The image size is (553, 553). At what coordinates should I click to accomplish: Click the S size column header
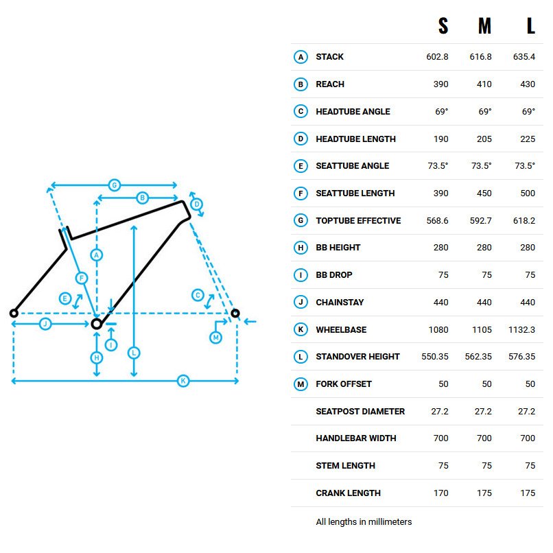[443, 26]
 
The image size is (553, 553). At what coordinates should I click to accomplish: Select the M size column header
[484, 26]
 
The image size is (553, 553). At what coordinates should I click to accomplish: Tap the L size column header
[531, 26]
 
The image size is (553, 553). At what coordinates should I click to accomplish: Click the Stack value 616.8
[480, 57]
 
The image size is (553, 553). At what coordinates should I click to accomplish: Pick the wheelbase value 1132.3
[521, 330]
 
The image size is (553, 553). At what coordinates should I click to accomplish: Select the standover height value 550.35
[435, 357]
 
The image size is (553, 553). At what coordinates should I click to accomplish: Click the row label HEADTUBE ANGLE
[353, 111]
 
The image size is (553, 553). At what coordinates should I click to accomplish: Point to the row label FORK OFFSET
[344, 384]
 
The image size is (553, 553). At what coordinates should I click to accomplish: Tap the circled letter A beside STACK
[301, 57]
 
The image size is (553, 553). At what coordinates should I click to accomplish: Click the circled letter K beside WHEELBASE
[301, 329]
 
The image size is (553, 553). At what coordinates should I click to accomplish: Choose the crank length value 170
[441, 493]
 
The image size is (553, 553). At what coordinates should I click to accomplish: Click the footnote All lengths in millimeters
[364, 521]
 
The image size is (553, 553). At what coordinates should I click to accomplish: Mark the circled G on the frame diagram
[115, 185]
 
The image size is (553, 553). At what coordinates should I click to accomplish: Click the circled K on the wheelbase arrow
[183, 381]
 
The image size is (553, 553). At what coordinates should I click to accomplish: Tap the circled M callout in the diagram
[216, 338]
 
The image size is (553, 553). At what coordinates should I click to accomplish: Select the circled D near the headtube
[197, 204]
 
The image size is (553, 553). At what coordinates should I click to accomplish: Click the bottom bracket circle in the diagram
[97, 324]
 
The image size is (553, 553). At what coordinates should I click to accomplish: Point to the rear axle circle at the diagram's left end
[14, 313]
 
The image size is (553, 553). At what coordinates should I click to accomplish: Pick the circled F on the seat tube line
[82, 279]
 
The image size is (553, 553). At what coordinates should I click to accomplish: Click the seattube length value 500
[528, 193]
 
